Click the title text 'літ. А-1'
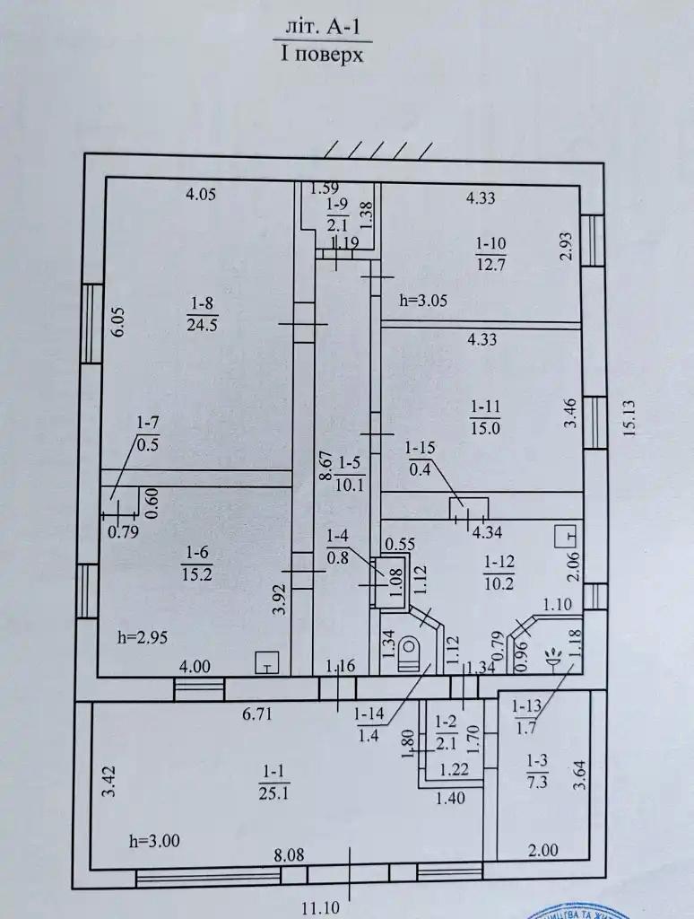322,28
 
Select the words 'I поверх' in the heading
322,55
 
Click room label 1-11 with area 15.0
486,418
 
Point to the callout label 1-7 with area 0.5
149,433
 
